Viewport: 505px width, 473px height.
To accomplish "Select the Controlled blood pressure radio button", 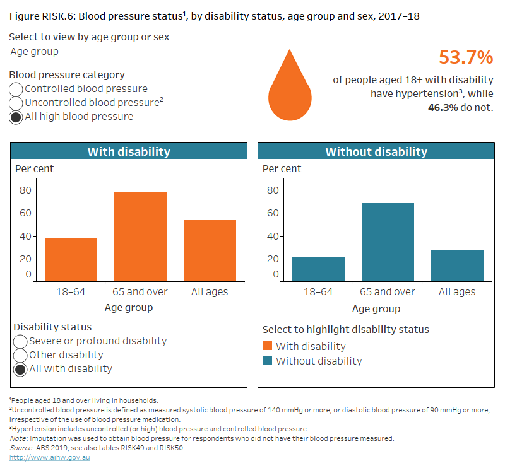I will (x=16, y=89).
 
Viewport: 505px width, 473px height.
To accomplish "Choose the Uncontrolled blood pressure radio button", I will (x=16, y=103).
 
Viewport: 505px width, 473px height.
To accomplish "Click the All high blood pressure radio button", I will (x=16, y=117).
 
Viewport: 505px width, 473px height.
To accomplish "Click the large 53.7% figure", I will (x=465, y=58).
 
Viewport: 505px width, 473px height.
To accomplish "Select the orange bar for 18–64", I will (x=71, y=259).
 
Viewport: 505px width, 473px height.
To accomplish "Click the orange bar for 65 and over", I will (x=140, y=236).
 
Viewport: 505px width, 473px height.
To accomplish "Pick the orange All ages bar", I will (x=210, y=250).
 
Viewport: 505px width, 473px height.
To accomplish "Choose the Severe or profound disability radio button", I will (x=20, y=341).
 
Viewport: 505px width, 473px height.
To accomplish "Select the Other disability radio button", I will (x=20, y=355).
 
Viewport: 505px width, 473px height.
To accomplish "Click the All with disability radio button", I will (x=20, y=369).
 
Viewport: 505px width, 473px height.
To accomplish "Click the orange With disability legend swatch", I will (x=267, y=346).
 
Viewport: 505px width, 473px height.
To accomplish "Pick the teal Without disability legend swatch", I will (x=267, y=361).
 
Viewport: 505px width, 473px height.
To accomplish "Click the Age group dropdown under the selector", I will (x=35, y=52).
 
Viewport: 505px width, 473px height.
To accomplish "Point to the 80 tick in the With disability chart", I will (x=25, y=190).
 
